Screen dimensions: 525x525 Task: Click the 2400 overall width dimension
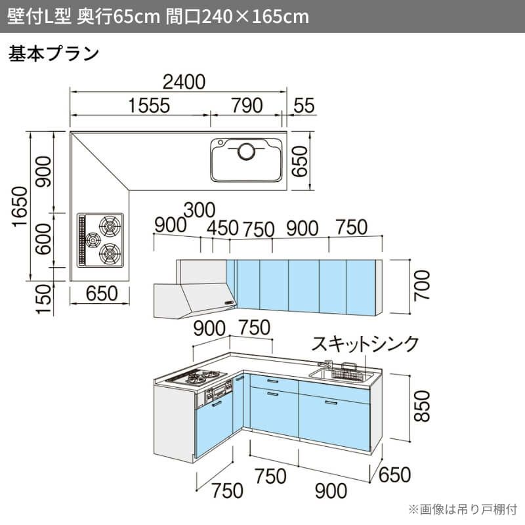184,82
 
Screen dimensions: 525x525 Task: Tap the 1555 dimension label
150,106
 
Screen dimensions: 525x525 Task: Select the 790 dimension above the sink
247,106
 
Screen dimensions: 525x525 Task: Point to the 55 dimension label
304,106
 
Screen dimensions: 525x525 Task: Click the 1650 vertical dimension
20,207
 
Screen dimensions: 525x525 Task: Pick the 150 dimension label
44,299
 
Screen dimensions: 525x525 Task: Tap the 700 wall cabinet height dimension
421,285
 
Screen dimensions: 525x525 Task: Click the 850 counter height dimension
421,406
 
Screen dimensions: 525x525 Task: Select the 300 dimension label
199,210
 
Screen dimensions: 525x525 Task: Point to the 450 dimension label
222,228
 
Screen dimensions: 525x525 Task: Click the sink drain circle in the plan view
247,152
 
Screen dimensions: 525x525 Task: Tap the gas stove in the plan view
100,240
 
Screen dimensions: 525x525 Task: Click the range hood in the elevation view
195,301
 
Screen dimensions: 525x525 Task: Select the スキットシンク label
365,343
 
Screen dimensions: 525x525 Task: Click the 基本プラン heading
54,54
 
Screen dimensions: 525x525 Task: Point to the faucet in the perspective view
325,364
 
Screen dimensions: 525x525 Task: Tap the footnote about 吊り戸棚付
463,509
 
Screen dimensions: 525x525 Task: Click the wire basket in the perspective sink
348,373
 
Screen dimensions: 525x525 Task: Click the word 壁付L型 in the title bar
39,16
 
